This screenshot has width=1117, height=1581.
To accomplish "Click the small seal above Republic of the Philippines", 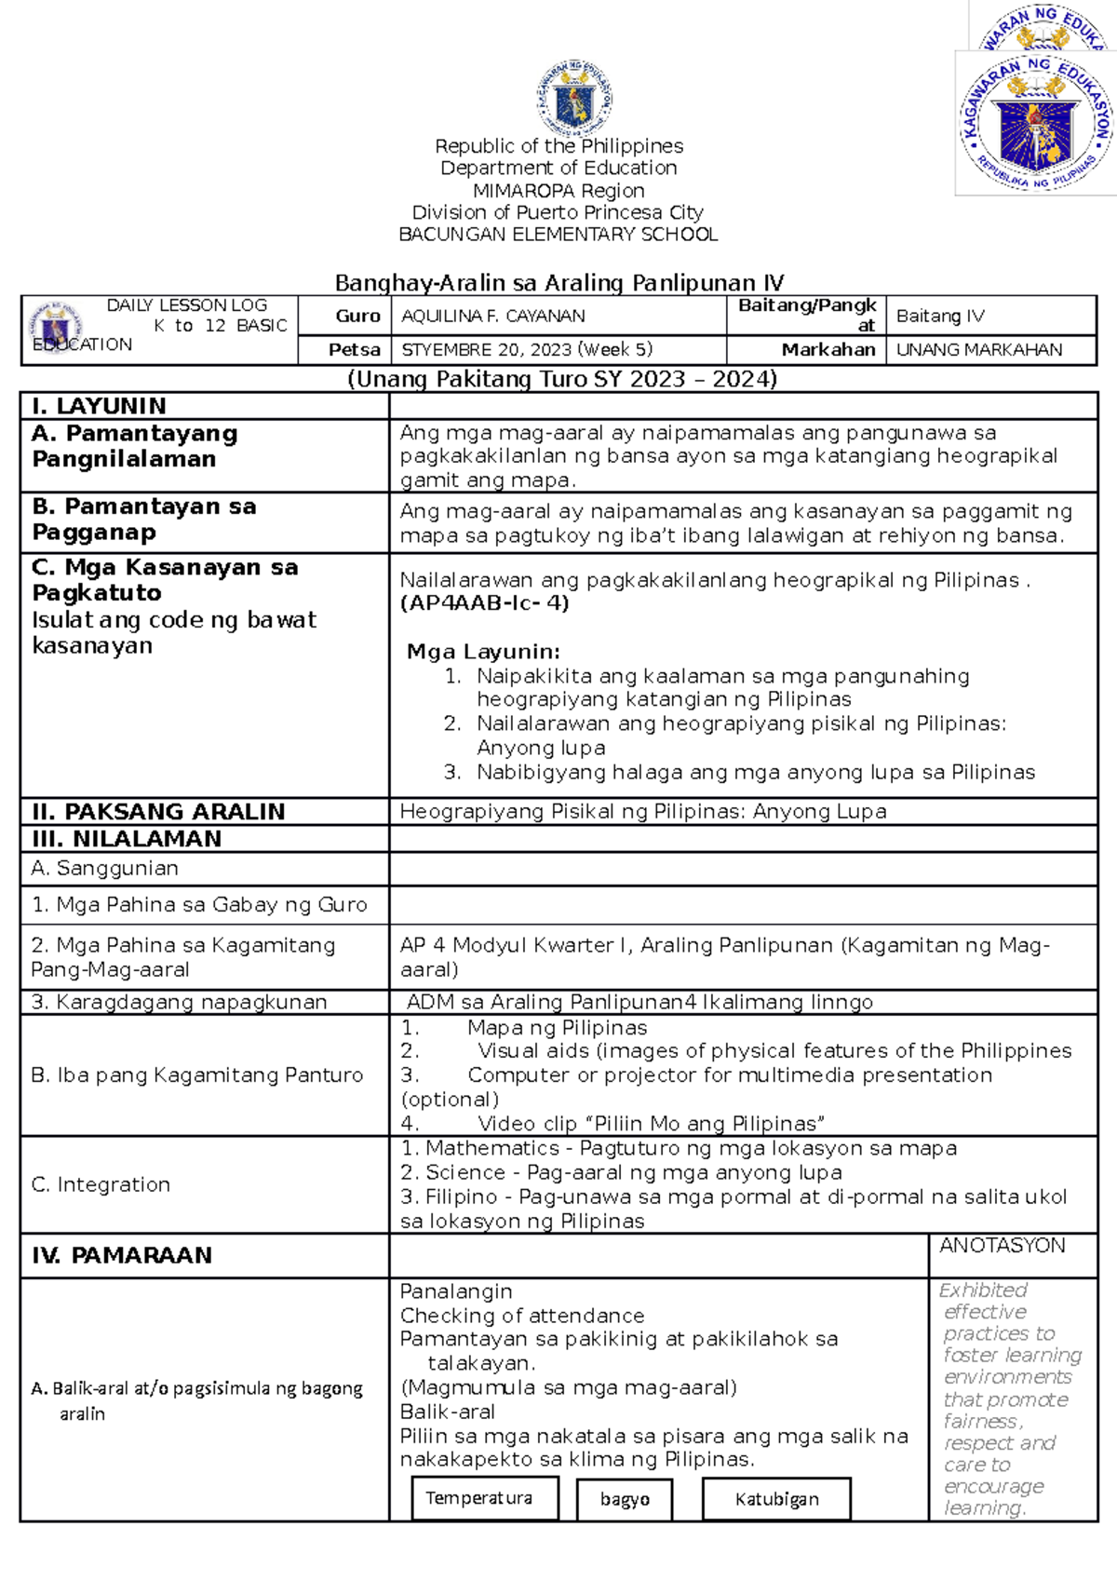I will point(574,99).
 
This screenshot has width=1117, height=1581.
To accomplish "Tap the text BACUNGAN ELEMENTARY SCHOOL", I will point(558,235).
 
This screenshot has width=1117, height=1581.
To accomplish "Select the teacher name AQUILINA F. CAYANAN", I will point(493,317).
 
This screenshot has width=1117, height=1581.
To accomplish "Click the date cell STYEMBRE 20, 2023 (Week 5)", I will point(527,350).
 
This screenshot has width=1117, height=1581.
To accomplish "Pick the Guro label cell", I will point(357,317).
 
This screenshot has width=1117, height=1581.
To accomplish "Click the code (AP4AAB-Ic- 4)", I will point(484,603).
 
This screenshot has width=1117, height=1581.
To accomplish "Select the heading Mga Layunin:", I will point(483,652).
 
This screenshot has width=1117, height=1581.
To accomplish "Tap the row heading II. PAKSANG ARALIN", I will point(158,812).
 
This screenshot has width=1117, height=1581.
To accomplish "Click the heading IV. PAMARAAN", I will point(122,1255).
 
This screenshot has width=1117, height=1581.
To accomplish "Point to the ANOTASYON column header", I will point(1003,1246).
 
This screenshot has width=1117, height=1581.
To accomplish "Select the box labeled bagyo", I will point(625,1499).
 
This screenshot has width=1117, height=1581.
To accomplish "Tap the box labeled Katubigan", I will point(776,1499).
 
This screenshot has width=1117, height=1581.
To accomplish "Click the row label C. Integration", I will point(101,1184).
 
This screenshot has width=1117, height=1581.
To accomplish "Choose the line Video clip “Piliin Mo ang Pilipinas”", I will point(650,1124).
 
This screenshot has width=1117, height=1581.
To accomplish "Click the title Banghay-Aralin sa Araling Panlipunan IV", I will point(559,283).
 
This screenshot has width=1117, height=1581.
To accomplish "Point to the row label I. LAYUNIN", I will point(99,406).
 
